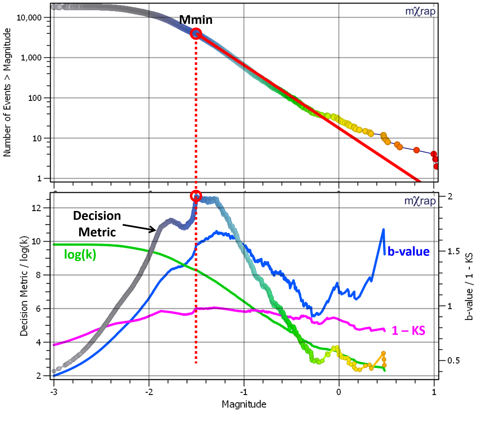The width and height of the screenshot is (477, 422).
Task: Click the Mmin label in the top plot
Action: click(x=196, y=20)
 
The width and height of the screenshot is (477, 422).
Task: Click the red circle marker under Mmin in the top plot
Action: click(x=196, y=34)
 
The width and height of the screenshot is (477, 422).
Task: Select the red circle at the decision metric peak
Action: click(x=196, y=196)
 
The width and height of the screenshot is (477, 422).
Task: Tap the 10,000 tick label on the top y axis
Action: click(x=29, y=18)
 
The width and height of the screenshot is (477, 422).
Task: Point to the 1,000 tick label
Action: click(x=31, y=58)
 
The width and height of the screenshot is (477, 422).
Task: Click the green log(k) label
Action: click(x=80, y=254)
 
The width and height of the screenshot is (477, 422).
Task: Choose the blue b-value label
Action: click(x=408, y=252)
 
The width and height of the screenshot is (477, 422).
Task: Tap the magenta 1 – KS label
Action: click(x=408, y=330)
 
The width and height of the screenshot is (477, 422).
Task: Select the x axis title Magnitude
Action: click(x=244, y=404)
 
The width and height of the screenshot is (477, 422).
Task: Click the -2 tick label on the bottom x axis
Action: click(x=149, y=392)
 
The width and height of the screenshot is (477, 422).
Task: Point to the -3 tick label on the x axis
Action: click(x=54, y=392)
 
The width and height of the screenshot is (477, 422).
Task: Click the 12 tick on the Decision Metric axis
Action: click(x=36, y=208)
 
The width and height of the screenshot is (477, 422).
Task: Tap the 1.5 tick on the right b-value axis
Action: click(x=453, y=251)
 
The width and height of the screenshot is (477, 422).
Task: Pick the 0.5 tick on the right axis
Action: click(x=453, y=360)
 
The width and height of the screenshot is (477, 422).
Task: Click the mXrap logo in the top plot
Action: click(x=420, y=12)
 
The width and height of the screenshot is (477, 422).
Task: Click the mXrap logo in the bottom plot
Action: click(x=420, y=201)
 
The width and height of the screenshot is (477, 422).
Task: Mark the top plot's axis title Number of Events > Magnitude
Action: click(x=7, y=92)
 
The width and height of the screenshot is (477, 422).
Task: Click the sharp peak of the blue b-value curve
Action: click(x=383, y=229)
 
